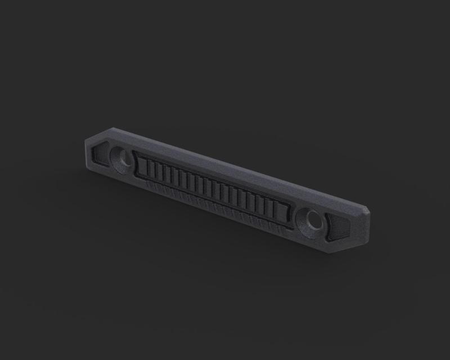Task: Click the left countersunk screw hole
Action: click(122, 158)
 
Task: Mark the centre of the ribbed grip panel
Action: click(213, 189)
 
